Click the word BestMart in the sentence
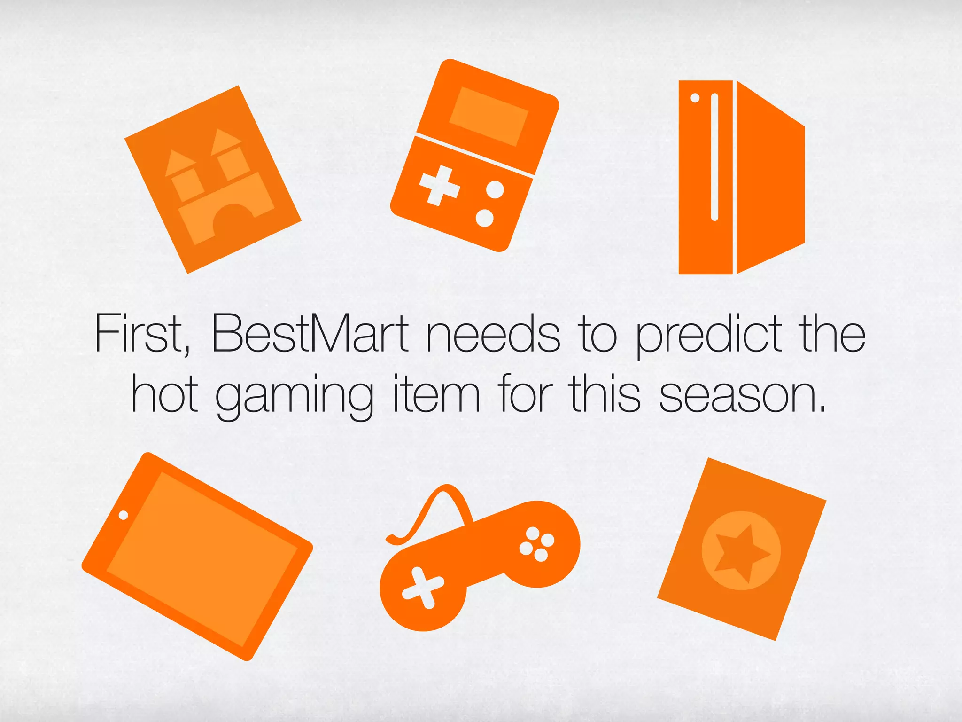pos(310,333)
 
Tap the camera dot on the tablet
pos(124,515)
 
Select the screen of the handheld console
pos(489,116)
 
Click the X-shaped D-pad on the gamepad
pos(423,588)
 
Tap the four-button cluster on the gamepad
pos(537,544)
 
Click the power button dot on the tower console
pos(695,98)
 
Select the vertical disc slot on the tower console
pos(714,157)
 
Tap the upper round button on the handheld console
pos(495,190)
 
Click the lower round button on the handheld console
pos(484,218)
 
